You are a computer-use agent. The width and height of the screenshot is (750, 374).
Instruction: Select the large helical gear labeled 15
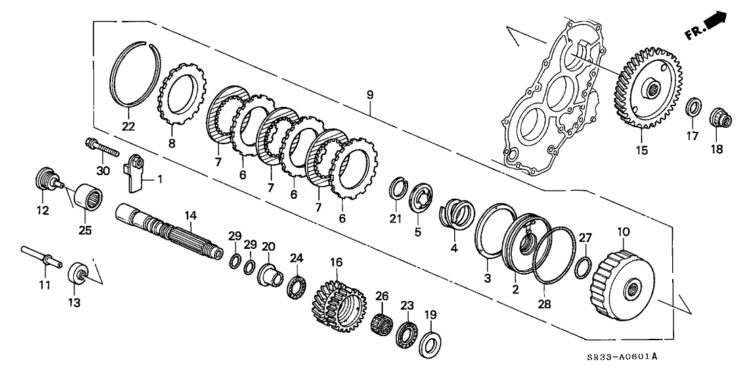click(648, 89)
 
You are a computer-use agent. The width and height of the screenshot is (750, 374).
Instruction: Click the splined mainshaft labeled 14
click(170, 232)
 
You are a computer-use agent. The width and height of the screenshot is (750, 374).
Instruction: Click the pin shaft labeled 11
click(42, 257)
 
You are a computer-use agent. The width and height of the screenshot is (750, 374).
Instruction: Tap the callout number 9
click(370, 95)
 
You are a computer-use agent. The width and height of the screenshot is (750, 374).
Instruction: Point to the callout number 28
click(544, 303)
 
